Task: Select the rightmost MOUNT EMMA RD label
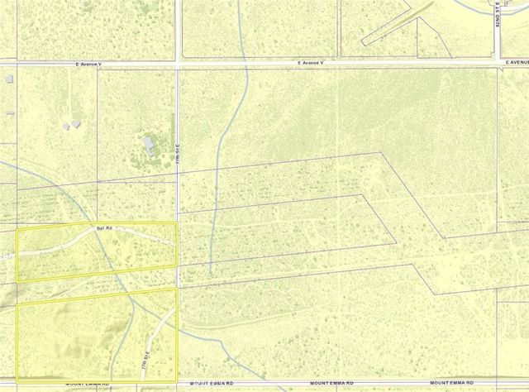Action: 472,385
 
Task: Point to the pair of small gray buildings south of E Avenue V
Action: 71,125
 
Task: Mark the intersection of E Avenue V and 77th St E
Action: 179,63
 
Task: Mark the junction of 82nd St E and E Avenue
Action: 498,63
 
